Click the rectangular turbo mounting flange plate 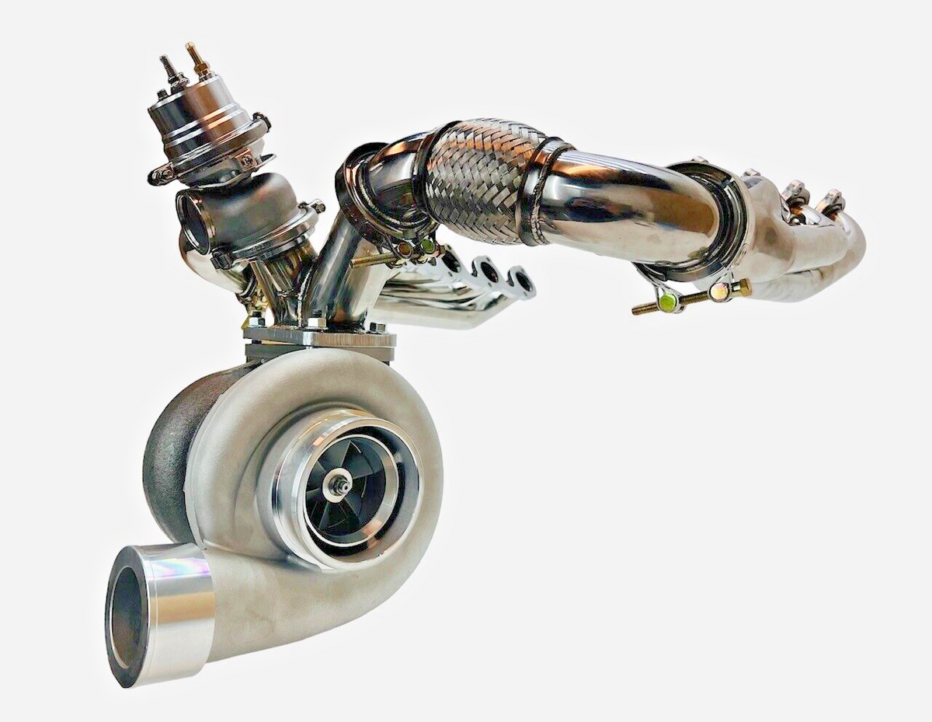click(318, 339)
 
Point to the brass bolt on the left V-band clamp click(405, 249)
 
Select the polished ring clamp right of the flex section click(544, 190)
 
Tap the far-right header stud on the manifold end click(831, 201)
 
